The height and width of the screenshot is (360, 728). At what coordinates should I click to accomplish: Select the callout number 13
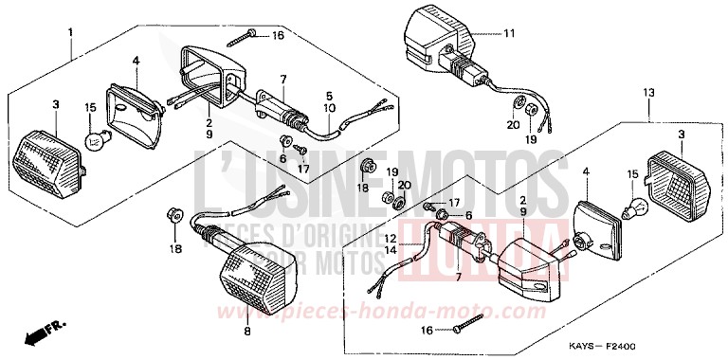tap(648, 93)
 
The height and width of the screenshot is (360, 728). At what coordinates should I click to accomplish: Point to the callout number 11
tap(508, 34)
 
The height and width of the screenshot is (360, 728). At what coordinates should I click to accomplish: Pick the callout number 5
tap(330, 96)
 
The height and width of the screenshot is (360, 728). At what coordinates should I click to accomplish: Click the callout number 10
tap(330, 109)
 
